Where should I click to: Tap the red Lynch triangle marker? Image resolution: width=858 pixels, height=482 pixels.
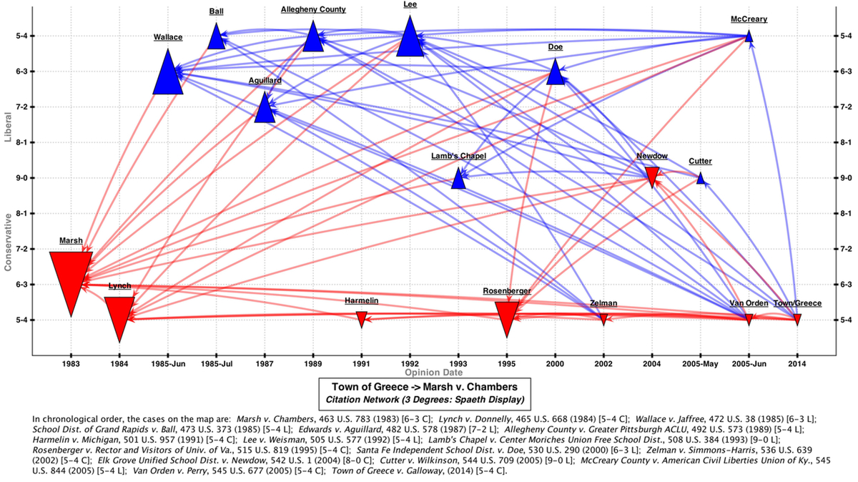(119, 315)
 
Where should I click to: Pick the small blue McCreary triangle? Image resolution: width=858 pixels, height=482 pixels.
(749, 36)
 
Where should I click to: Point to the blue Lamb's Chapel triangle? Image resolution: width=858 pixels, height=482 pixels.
(459, 179)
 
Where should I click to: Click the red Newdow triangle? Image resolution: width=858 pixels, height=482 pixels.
(651, 175)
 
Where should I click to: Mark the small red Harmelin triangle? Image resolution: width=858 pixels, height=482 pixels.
(362, 319)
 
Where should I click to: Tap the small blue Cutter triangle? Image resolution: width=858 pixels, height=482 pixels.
(701, 178)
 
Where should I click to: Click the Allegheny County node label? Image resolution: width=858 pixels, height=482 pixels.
(313, 9)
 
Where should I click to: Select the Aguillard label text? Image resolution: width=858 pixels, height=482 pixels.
(265, 81)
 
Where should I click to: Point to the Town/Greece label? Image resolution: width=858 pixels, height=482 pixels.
(797, 303)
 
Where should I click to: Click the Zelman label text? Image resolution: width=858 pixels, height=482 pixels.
(603, 303)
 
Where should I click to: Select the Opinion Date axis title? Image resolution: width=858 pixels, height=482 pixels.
(433, 373)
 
